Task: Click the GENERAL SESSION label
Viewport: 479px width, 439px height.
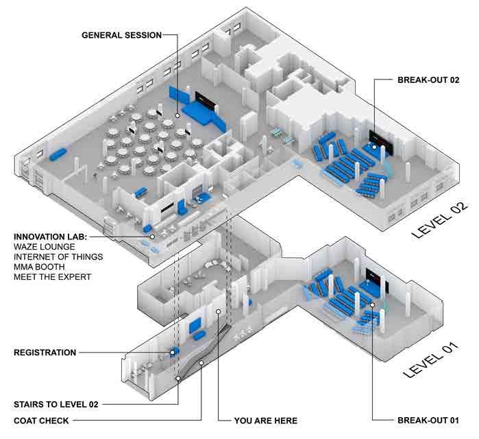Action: click(x=121, y=34)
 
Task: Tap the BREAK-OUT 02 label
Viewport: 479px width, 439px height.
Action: click(x=428, y=80)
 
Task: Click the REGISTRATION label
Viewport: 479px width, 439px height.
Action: click(x=45, y=353)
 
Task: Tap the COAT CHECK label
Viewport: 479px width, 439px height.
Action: click(x=40, y=420)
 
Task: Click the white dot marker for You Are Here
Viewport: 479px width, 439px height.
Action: click(x=217, y=312)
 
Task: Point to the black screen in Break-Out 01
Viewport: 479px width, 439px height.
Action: click(x=375, y=276)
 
